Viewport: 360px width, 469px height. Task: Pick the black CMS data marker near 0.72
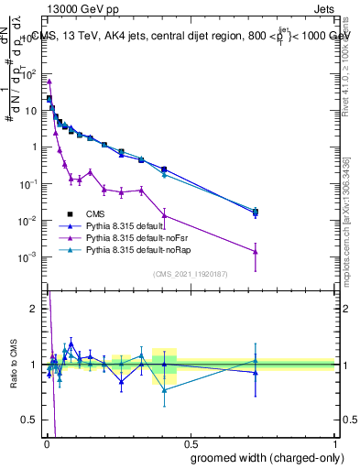pos(256,213)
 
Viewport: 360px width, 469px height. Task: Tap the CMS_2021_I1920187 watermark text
pos(191,272)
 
